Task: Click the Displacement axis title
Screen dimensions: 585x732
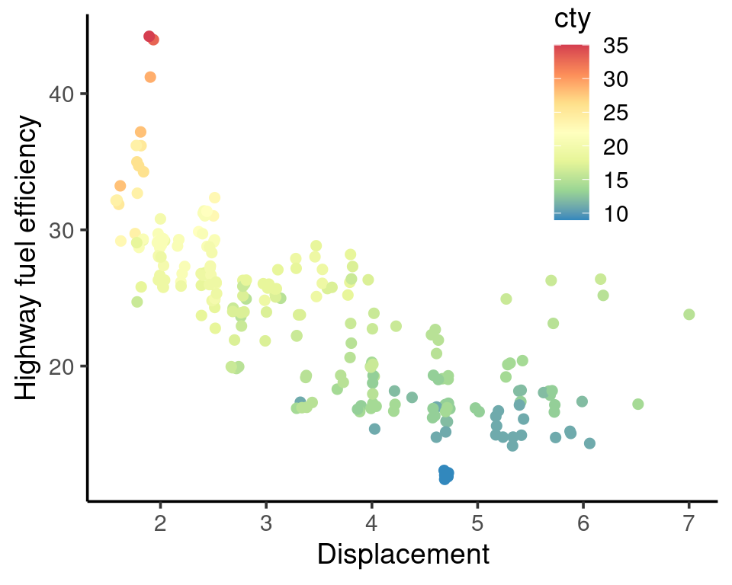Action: point(403,555)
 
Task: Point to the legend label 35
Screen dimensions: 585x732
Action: point(616,46)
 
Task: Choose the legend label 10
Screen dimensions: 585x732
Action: point(616,215)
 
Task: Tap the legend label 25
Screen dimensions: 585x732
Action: point(616,113)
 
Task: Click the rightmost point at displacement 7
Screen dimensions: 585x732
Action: point(689,315)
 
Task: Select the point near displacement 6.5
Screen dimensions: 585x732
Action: point(638,404)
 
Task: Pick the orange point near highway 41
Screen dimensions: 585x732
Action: point(150,77)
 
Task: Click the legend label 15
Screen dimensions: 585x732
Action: point(616,181)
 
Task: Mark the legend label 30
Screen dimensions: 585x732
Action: point(616,79)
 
